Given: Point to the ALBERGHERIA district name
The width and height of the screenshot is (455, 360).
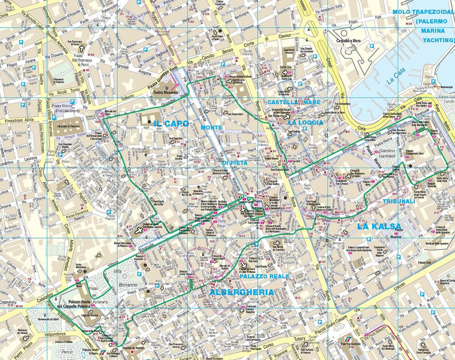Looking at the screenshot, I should tap(241, 292).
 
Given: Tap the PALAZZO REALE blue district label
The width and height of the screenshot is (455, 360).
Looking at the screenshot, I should tap(264, 277).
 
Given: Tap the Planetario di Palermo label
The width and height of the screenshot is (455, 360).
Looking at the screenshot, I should tap(62, 81).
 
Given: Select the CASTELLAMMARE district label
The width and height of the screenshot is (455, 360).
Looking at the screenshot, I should tap(294, 102).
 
